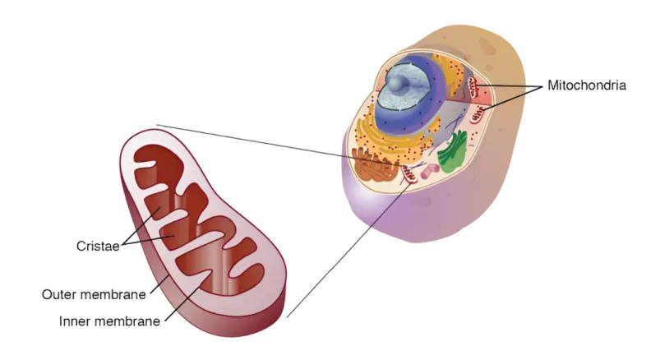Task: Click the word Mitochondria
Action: (x=587, y=85)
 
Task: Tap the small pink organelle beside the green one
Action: (x=429, y=172)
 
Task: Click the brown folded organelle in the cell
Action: (x=375, y=164)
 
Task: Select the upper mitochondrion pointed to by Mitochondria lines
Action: (x=475, y=85)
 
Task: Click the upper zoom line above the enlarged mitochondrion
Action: (x=247, y=140)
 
